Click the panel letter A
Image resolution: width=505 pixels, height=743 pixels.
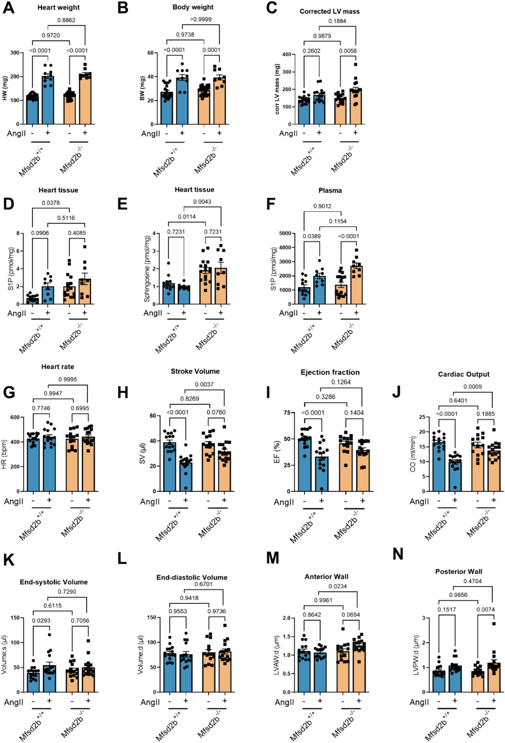pyautogui.click(x=8, y=8)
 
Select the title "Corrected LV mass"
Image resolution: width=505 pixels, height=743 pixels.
pyautogui.click(x=329, y=11)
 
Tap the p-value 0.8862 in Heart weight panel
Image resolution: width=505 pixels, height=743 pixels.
pyautogui.click(x=66, y=20)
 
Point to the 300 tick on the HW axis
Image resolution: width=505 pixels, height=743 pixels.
pyautogui.click(x=15, y=53)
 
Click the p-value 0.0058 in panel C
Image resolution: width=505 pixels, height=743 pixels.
pyautogui.click(x=348, y=51)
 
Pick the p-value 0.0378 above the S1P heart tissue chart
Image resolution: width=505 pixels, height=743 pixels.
pyautogui.click(x=51, y=203)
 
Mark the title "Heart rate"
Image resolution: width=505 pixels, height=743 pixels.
pyautogui.click(x=58, y=367)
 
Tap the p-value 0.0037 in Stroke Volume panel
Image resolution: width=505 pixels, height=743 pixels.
pyautogui.click(x=204, y=384)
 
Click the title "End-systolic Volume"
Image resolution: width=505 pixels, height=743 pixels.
pyautogui.click(x=54, y=582)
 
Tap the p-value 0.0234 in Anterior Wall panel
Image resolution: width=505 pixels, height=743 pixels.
pyautogui.click(x=338, y=586)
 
